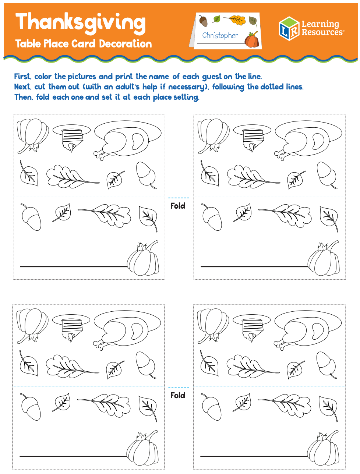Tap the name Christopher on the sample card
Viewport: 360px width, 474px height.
coord(220,35)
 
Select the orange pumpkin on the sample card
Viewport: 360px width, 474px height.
coord(252,40)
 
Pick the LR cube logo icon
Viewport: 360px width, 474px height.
coord(289,28)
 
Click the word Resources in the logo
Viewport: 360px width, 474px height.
coord(322,32)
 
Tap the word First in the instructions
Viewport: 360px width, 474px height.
coord(22,77)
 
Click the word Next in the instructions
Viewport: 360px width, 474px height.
coord(22,87)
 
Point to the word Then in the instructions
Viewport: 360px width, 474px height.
coord(23,97)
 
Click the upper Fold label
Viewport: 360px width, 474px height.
coord(178,206)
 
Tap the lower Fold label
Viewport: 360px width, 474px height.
coord(178,395)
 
